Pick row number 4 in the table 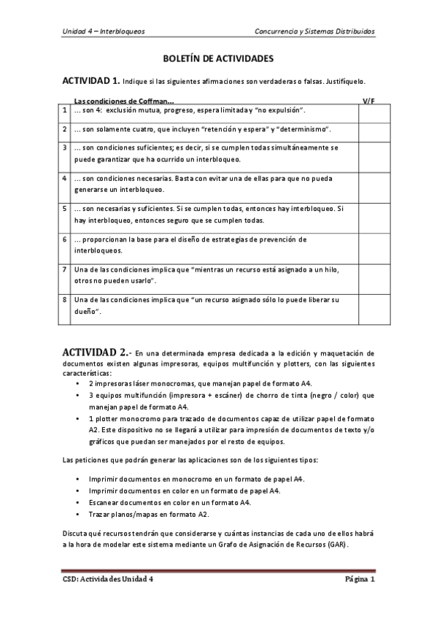tap(65, 177)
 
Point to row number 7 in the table tap(65, 269)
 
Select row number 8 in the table tap(65, 299)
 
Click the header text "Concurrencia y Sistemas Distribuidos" tap(314, 31)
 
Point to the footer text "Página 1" tap(360, 580)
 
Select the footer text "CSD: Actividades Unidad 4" tap(107, 580)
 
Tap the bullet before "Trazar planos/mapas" tap(78, 515)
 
